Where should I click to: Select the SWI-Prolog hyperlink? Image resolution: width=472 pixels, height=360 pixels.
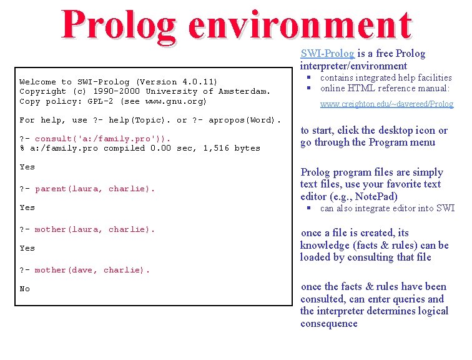(x=327, y=54)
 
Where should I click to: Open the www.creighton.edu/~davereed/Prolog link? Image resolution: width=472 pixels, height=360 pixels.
(x=386, y=104)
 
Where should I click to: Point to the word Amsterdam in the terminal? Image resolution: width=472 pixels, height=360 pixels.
(x=243, y=91)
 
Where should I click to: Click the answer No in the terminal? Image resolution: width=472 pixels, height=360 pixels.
(x=25, y=289)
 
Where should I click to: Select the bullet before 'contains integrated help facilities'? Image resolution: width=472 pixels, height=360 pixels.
(x=308, y=77)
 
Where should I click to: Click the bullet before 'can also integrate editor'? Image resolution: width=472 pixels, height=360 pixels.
(x=308, y=209)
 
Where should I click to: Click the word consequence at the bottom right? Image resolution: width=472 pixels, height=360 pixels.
(x=329, y=324)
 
